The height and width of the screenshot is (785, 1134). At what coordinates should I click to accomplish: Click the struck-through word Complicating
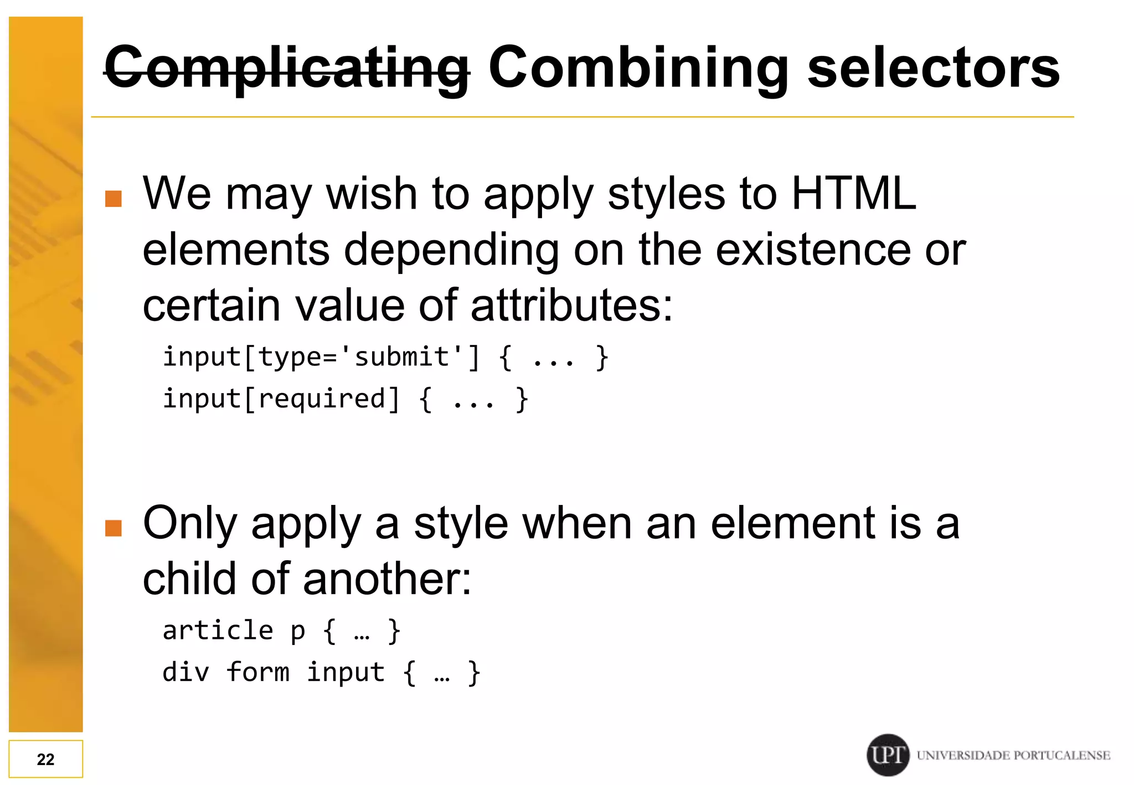287,68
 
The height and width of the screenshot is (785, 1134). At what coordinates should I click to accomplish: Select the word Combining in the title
638,68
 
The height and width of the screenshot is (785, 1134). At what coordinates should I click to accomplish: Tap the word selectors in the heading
934,68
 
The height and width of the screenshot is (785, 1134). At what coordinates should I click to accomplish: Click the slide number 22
45,759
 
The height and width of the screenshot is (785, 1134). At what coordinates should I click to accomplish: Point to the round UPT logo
888,755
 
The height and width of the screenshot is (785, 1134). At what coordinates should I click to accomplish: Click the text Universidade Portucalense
1013,756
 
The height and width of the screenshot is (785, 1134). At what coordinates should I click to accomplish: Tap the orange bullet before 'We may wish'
114,198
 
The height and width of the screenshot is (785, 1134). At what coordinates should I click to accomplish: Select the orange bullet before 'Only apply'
114,528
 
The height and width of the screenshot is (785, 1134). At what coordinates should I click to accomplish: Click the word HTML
854,193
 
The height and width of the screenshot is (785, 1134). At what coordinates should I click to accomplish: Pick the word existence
813,250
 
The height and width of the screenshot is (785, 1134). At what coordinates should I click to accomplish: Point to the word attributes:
571,305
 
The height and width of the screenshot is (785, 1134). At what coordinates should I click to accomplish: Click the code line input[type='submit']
321,357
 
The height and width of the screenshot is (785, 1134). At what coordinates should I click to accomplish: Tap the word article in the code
218,631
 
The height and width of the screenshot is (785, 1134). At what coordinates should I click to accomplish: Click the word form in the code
257,673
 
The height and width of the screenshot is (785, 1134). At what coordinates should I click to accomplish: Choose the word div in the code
186,673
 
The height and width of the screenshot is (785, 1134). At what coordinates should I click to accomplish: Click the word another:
387,579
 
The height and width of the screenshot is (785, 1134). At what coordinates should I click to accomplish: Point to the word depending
451,250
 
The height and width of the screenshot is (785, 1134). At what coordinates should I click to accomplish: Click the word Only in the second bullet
190,523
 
